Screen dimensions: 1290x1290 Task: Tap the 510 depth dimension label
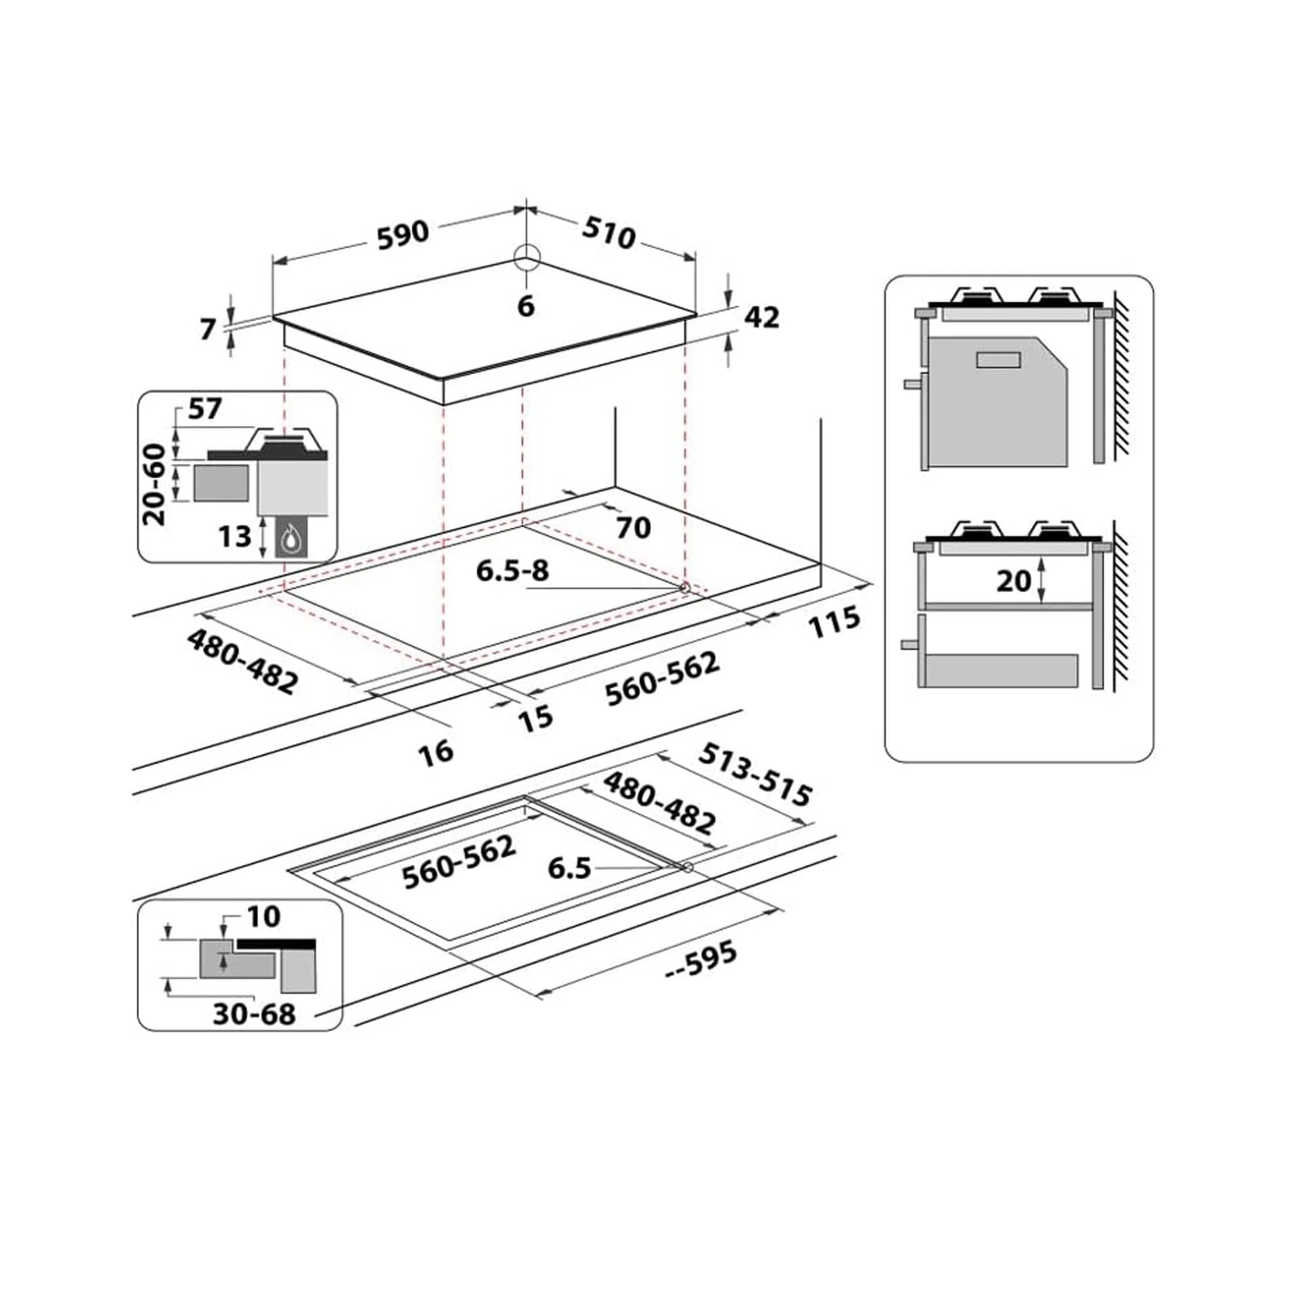tap(608, 233)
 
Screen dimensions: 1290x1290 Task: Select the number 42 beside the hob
tap(761, 318)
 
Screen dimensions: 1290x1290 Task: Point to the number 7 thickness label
tap(208, 329)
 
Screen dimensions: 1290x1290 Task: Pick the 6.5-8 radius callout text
tap(512, 571)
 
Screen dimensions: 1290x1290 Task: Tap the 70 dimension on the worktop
tap(633, 528)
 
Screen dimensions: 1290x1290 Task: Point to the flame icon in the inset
tap(290, 537)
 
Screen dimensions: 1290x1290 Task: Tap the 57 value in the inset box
tap(204, 409)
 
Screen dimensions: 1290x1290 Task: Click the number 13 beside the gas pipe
tap(235, 536)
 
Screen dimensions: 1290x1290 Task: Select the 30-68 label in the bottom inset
tap(253, 1014)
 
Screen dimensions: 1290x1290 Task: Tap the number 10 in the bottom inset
tap(264, 917)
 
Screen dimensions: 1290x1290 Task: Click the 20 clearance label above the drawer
tap(1013, 581)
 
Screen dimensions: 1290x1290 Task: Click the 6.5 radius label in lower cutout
tap(570, 868)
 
